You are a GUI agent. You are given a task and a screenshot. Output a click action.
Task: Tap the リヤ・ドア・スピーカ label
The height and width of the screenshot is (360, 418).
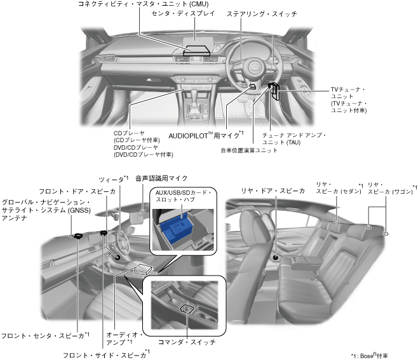pyautogui.click(x=273, y=190)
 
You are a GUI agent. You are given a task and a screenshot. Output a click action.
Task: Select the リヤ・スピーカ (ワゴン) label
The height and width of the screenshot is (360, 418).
pyautogui.click(x=389, y=189)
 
